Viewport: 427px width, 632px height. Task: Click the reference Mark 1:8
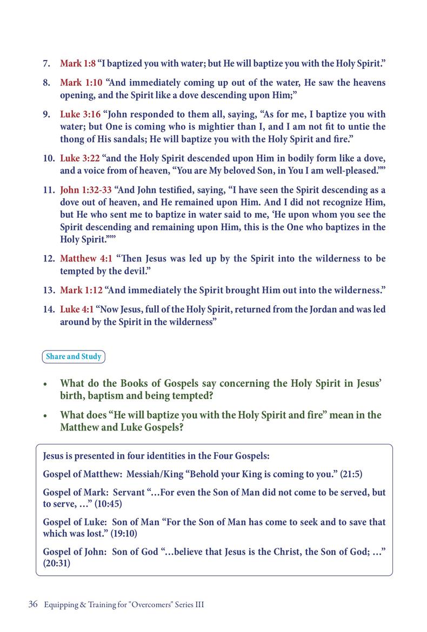[x=77, y=64]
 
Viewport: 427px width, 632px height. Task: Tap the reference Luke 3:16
[x=80, y=115]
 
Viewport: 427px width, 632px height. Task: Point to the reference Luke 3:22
[x=80, y=158]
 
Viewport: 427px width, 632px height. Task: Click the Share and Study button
[x=73, y=357]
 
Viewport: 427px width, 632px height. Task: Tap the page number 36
[x=32, y=604]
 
